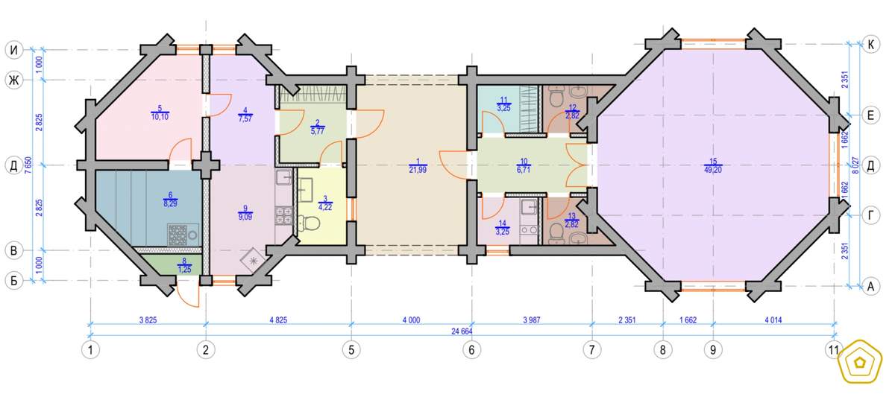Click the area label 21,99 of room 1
click(x=418, y=170)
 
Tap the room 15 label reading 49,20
click(x=713, y=170)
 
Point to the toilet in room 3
click(x=309, y=223)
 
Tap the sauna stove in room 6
click(x=183, y=235)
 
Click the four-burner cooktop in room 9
click(x=283, y=215)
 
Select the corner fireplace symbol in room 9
click(x=253, y=260)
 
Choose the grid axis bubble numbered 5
click(x=351, y=350)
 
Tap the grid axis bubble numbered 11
click(x=834, y=350)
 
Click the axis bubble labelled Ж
click(x=13, y=80)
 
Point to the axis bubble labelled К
click(x=870, y=45)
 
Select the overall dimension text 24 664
click(x=462, y=331)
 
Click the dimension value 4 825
click(x=278, y=320)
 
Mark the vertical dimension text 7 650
click(x=28, y=165)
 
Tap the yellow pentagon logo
click(x=860, y=361)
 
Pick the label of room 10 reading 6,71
click(x=524, y=170)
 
